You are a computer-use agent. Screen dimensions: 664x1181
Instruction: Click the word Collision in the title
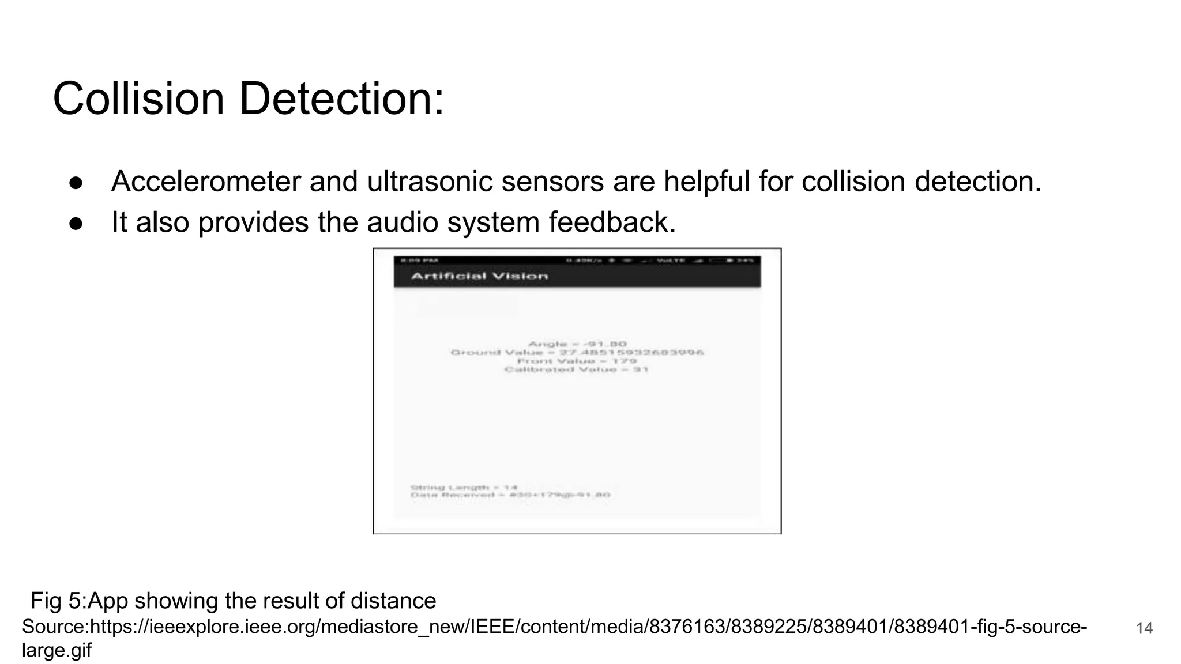point(138,99)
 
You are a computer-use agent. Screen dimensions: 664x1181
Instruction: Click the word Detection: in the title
point(341,99)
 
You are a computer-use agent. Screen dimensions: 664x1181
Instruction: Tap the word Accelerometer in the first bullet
point(206,182)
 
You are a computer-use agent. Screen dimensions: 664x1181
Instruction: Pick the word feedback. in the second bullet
point(612,222)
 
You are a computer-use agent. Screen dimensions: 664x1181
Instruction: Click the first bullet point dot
point(76,183)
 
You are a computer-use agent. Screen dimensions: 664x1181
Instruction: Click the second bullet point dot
point(76,223)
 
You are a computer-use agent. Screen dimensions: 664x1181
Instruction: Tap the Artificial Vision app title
point(479,276)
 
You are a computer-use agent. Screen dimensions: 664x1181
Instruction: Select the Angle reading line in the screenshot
point(577,344)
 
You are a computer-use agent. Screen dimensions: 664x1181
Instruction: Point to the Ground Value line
point(577,352)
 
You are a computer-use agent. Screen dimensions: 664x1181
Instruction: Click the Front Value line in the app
point(577,361)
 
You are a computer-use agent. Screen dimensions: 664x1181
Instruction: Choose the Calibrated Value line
point(577,369)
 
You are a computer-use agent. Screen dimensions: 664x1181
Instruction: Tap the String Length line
point(464,488)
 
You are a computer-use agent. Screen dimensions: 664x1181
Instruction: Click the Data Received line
point(510,495)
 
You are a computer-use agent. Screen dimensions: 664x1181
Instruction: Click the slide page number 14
point(1144,628)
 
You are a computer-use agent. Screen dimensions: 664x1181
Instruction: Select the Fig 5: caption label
point(58,601)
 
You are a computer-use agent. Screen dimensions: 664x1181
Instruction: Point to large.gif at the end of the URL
point(57,650)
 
